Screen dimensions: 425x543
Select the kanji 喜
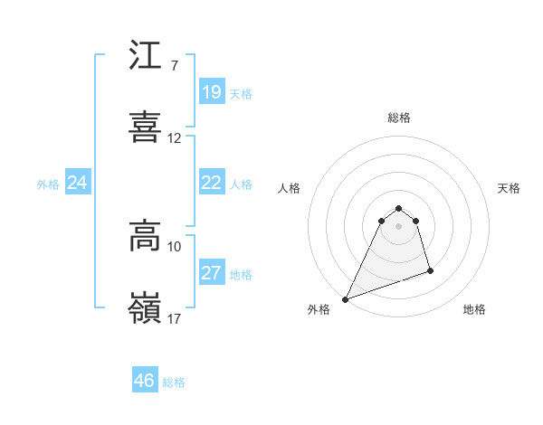click(x=146, y=127)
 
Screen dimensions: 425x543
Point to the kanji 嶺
click(x=146, y=307)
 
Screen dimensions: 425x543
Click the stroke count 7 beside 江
click(x=174, y=66)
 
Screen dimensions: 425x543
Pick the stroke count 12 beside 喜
click(x=175, y=138)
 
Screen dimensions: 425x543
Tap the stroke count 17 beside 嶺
click(x=175, y=318)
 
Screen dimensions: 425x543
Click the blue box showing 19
click(x=212, y=92)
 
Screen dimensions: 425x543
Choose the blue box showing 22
click(x=212, y=183)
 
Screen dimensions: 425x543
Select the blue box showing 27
click(x=212, y=273)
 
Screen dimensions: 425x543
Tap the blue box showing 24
click(x=78, y=183)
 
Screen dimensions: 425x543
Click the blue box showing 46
click(x=145, y=381)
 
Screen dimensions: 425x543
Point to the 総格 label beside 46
click(x=174, y=382)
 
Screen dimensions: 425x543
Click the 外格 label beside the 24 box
click(x=48, y=184)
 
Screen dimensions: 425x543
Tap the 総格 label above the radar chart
click(x=399, y=118)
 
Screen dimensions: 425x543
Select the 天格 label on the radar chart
click(x=510, y=188)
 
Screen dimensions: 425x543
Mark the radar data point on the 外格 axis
click(x=346, y=298)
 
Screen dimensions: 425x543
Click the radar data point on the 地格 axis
click(x=430, y=270)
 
